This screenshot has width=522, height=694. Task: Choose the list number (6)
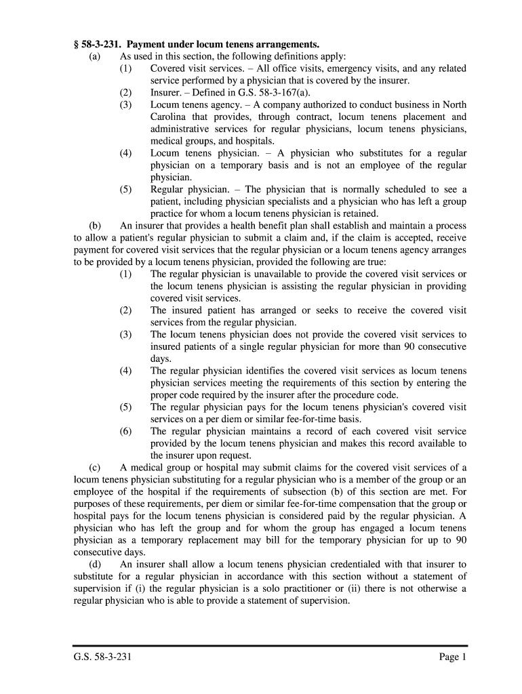tap(126, 431)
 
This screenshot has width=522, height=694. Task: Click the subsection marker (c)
tap(94, 468)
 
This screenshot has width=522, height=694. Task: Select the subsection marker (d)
tap(95, 564)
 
